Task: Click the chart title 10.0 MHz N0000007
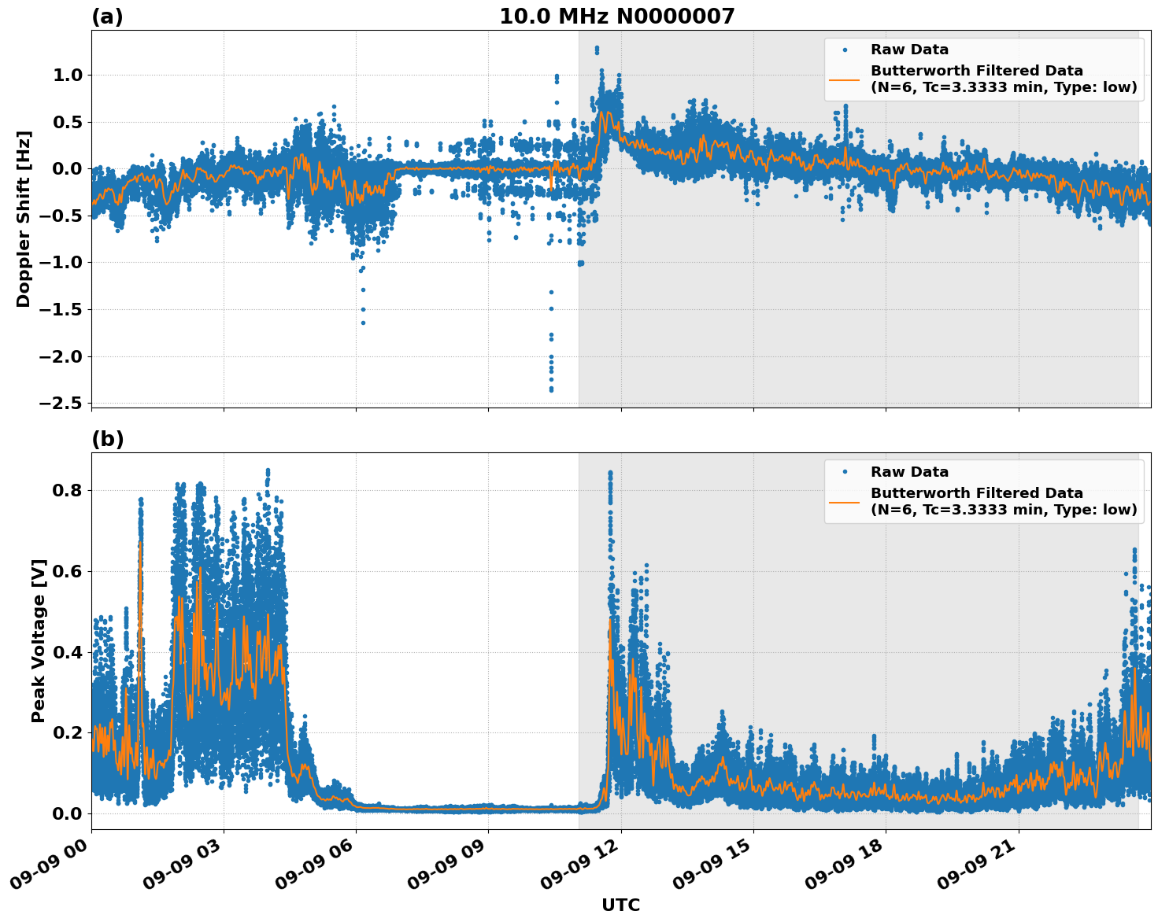616,17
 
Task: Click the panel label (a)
107,17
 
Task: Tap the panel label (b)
107,439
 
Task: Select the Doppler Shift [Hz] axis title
24,219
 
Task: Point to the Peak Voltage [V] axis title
39,640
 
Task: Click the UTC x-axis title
620,905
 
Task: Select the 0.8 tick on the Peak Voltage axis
68,490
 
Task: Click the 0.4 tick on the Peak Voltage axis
68,652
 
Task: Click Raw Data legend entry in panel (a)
909,50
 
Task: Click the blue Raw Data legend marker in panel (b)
845,472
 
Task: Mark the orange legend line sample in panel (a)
845,79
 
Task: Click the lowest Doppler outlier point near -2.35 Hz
551,389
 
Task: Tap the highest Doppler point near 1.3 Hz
597,48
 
